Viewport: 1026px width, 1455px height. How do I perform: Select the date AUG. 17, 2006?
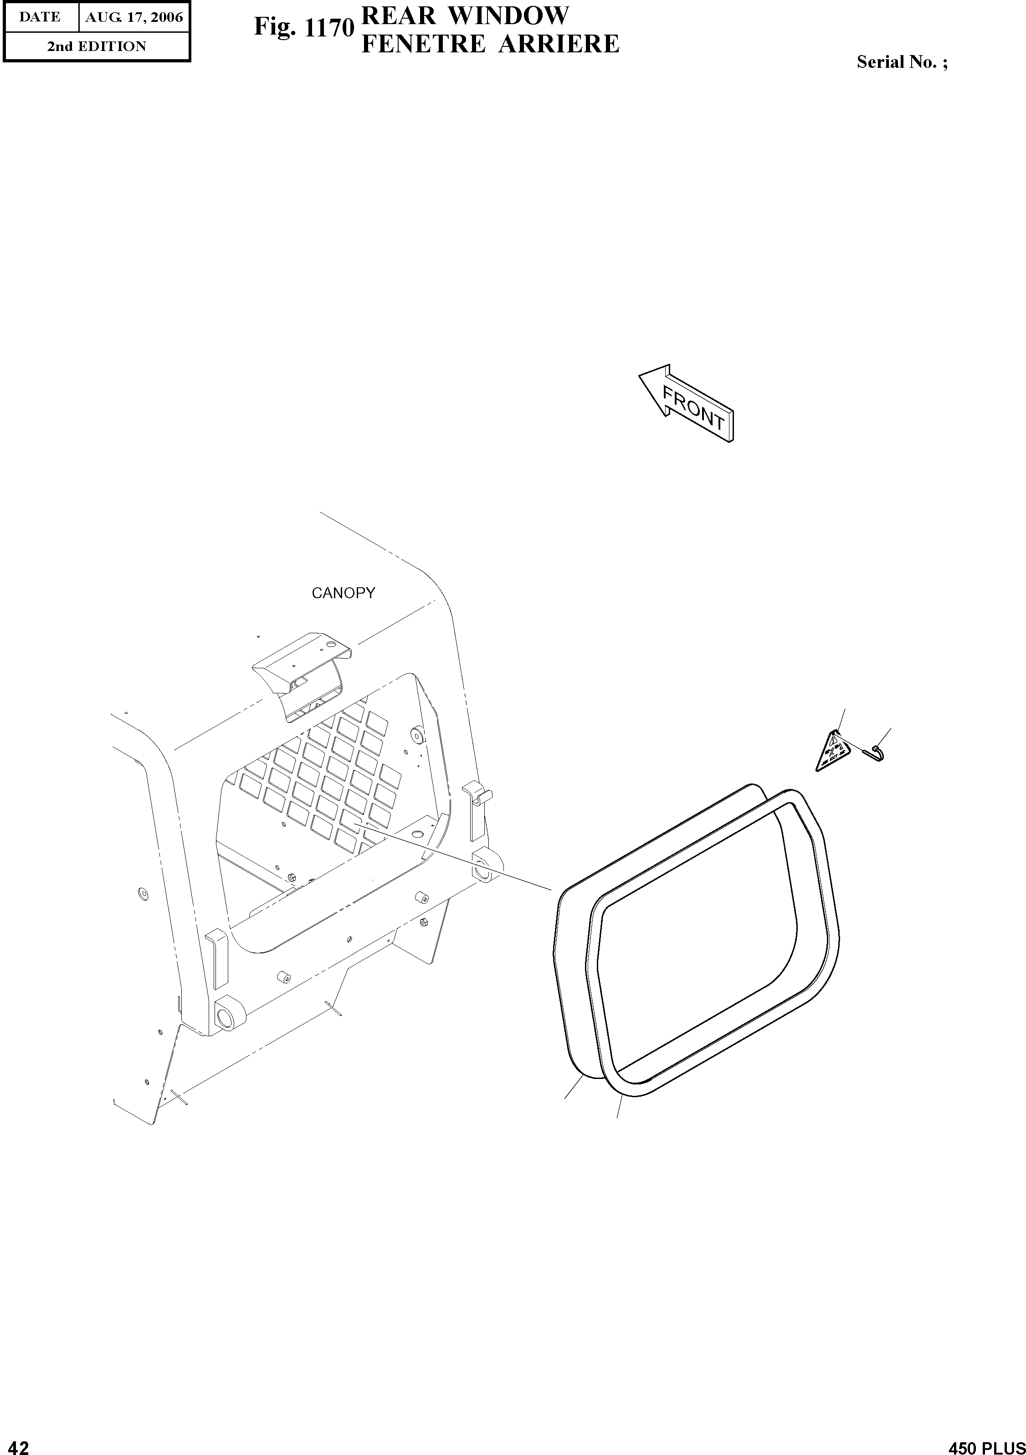(x=134, y=17)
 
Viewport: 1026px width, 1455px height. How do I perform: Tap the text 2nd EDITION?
(x=97, y=46)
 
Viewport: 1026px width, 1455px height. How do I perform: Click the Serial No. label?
(x=902, y=62)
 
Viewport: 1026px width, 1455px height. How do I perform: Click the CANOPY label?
(x=343, y=593)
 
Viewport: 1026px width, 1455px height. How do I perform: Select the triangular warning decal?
(x=832, y=753)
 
